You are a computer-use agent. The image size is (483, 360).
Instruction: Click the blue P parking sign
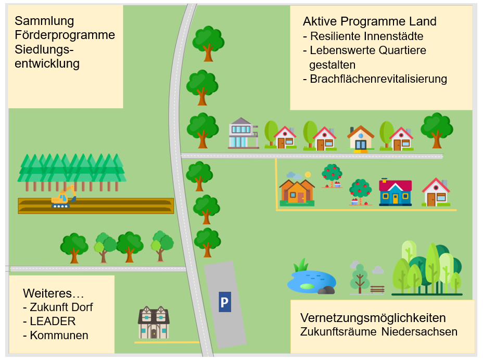224,302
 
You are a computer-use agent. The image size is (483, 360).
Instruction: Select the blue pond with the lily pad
310,281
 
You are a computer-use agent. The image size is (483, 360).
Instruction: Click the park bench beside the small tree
377,289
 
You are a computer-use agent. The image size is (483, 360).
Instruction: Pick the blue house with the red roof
395,192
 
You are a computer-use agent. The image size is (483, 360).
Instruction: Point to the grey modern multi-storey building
243,133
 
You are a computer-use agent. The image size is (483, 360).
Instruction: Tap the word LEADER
53,321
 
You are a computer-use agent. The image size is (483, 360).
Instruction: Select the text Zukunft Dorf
61,307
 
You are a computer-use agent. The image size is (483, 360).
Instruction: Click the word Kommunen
59,335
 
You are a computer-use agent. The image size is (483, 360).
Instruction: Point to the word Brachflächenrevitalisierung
378,79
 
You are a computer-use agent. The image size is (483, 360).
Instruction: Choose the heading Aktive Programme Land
370,21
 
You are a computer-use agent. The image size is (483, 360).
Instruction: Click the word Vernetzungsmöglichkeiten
373,318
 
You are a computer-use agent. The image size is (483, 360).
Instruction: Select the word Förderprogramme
65,35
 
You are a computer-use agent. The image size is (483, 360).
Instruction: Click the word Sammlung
44,21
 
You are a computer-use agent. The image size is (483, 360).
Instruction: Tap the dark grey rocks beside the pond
326,290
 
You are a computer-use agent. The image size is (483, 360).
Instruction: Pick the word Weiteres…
54,293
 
